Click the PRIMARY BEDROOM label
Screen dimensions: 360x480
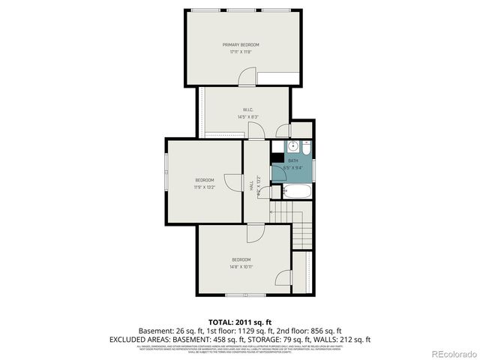coord(241,45)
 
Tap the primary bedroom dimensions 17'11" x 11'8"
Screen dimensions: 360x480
coord(241,52)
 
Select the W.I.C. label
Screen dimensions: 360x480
coord(247,110)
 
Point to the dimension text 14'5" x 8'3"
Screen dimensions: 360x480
coord(247,117)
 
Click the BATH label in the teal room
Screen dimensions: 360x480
coord(292,160)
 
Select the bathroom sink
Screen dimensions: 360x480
coord(294,147)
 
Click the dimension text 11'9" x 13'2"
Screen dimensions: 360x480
coord(205,187)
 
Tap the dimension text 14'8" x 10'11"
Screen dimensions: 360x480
coord(241,266)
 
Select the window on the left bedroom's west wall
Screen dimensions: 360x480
coord(166,178)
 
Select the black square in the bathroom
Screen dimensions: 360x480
coord(277,159)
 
